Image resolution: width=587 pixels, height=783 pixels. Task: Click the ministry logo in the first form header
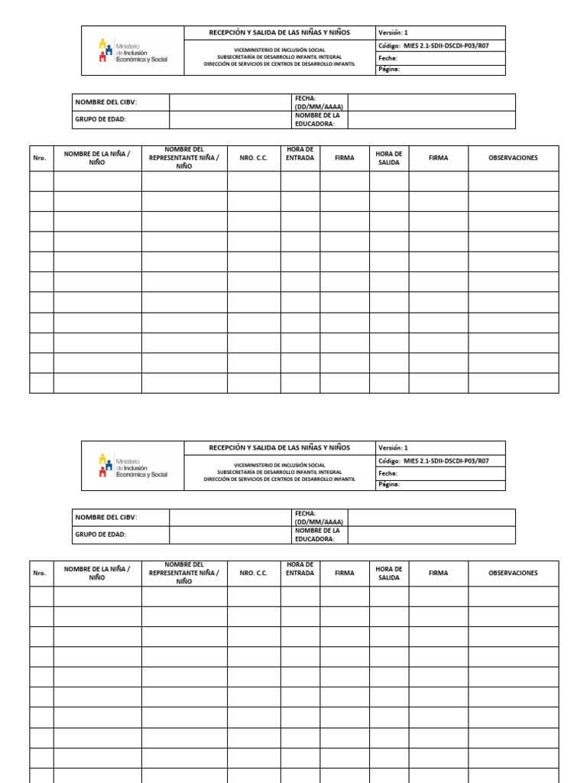pyautogui.click(x=132, y=50)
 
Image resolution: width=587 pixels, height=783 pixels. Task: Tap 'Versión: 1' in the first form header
pyautogui.click(x=394, y=33)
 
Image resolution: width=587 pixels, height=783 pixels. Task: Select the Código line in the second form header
pyautogui.click(x=433, y=461)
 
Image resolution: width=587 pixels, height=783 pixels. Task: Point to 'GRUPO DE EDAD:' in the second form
pyautogui.click(x=100, y=534)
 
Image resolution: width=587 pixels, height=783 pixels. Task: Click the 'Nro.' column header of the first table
pyautogui.click(x=40, y=158)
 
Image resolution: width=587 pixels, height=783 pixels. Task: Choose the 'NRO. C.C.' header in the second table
pyautogui.click(x=253, y=573)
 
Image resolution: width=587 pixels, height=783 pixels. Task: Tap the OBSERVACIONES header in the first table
pyautogui.click(x=513, y=158)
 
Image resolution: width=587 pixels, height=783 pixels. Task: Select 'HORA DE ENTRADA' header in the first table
pyautogui.click(x=300, y=154)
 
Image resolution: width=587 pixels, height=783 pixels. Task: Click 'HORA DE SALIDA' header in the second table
pyautogui.click(x=389, y=573)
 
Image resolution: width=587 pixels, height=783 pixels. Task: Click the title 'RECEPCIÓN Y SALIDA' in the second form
pyautogui.click(x=279, y=447)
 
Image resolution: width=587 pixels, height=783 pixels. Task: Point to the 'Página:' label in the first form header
pyautogui.click(x=389, y=70)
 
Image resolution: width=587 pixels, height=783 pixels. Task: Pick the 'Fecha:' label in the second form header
pyautogui.click(x=388, y=473)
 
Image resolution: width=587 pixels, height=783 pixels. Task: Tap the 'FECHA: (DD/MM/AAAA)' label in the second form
pyautogui.click(x=319, y=518)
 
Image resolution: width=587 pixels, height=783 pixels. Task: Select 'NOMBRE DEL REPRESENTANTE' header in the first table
pyautogui.click(x=183, y=158)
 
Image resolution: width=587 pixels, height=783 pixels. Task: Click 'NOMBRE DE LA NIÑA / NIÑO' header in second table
pyautogui.click(x=97, y=573)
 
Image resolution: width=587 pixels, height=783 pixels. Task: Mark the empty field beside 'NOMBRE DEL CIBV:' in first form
pyautogui.click(x=229, y=102)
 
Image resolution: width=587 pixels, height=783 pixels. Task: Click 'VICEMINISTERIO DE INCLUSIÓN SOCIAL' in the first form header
pyautogui.click(x=279, y=49)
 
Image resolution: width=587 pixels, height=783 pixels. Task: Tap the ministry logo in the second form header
pyautogui.click(x=132, y=466)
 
